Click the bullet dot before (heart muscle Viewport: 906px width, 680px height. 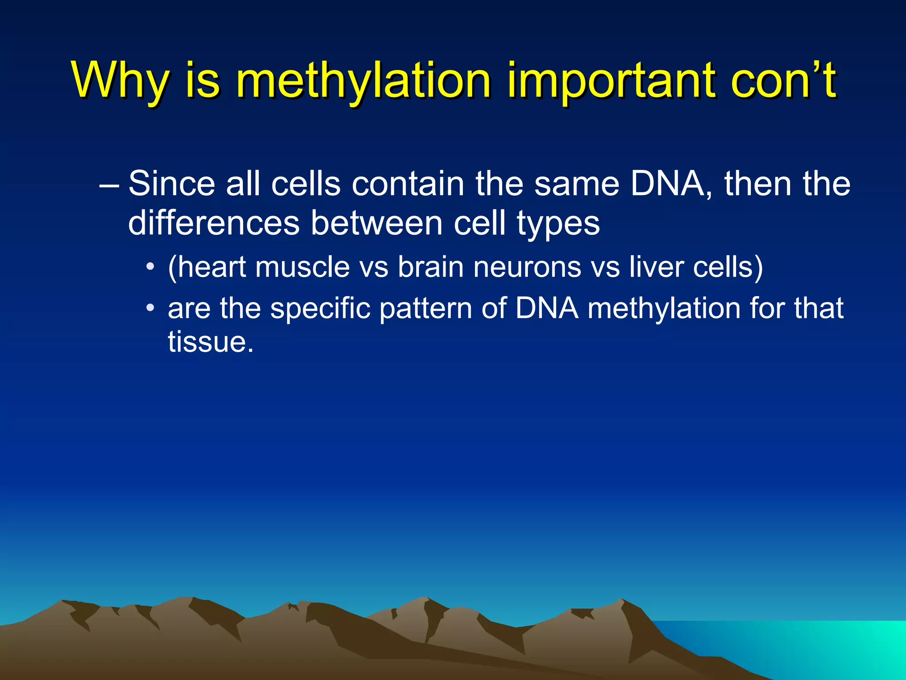151,267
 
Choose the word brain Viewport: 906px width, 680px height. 430,267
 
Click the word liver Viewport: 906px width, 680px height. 656,267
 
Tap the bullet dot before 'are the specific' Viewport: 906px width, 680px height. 151,307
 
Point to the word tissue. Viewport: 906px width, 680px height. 211,341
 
